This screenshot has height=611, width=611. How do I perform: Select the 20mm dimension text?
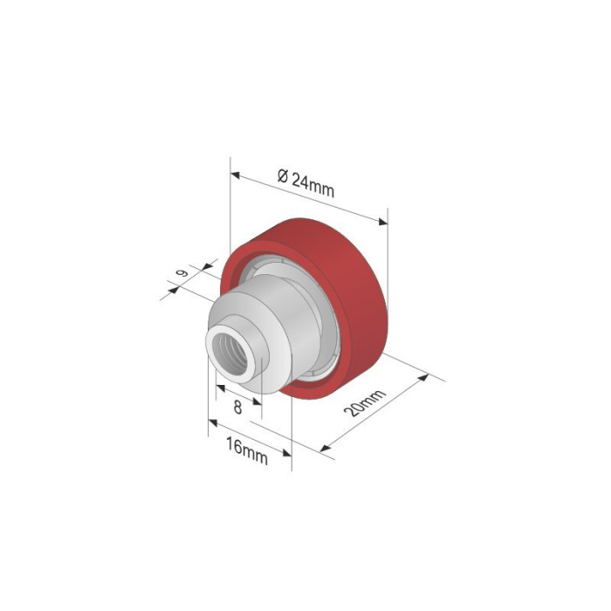tap(366, 404)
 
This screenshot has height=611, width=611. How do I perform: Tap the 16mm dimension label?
tap(246, 450)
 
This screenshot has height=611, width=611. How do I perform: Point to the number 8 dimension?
tap(237, 407)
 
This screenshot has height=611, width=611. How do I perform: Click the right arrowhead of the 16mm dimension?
tap(287, 452)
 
